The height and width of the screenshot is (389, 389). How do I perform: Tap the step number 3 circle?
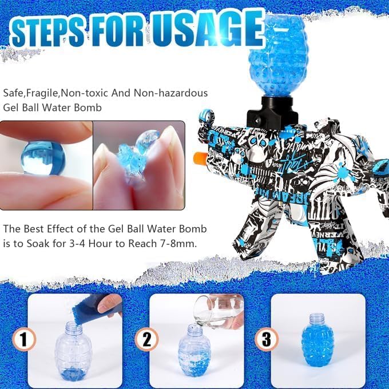[x=266, y=339]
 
